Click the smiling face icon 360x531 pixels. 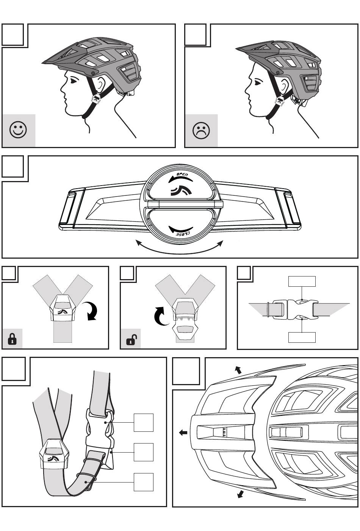tap(18, 130)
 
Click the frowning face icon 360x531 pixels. tap(201, 131)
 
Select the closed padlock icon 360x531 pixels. tap(12, 339)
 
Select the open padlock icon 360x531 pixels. tap(131, 340)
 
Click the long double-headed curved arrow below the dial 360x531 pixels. tap(179, 248)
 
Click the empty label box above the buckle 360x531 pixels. tap(302, 281)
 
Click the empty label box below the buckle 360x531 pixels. tap(302, 337)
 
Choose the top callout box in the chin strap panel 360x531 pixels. tap(144, 422)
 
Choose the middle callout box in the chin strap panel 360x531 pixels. tap(144, 452)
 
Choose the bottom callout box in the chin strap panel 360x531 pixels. tap(144, 482)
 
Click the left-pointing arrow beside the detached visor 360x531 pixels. tap(183, 433)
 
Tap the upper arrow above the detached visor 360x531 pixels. tap(238, 370)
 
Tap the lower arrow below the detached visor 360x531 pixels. tap(239, 494)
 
